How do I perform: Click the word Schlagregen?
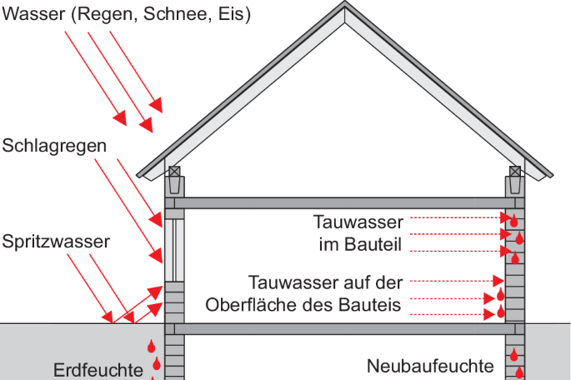tap(54, 147)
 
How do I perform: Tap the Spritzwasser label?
tap(56, 242)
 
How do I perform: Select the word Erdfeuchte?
tap(98, 371)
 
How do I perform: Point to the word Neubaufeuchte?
tap(430, 366)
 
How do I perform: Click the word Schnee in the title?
tap(178, 14)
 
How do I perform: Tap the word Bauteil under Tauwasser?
tap(373, 244)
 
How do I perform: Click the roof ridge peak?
tap(345, 2)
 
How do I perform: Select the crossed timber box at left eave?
tap(174, 172)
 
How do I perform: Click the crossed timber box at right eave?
tap(515, 172)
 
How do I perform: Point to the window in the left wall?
tap(174, 250)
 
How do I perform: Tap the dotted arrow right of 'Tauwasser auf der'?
tap(457, 281)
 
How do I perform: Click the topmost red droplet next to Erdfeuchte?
tap(151, 346)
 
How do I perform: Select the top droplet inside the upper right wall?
tap(513, 221)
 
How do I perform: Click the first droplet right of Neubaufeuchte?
tap(513, 354)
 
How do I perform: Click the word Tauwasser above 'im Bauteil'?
tap(358, 222)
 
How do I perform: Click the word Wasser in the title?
tap(33, 14)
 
